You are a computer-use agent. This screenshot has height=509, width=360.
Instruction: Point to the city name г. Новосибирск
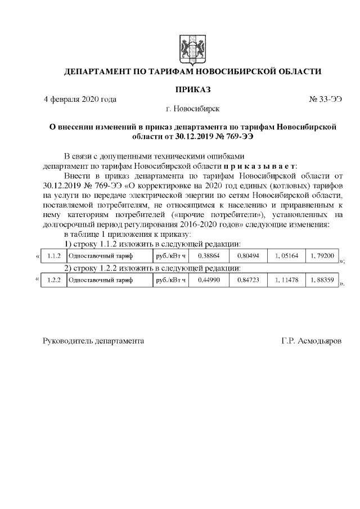pyautogui.click(x=193, y=108)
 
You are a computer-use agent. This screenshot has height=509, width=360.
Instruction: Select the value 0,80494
pyautogui.click(x=247, y=256)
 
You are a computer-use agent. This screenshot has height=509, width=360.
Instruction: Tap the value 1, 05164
pyautogui.click(x=286, y=256)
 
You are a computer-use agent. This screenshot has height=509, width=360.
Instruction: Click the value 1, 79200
pyautogui.click(x=322, y=256)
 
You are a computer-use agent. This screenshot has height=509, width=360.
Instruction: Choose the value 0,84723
pyautogui.click(x=247, y=279)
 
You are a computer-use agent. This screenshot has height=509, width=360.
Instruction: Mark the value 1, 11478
pyautogui.click(x=286, y=279)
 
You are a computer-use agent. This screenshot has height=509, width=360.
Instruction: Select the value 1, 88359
pyautogui.click(x=322, y=279)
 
